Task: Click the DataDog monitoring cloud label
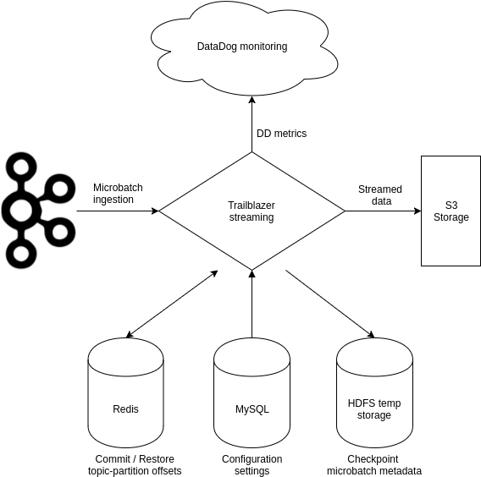[242, 47]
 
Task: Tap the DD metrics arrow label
[282, 134]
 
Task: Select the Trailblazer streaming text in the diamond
[252, 211]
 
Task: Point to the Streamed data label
[380, 195]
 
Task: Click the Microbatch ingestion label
[118, 194]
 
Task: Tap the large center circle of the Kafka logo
[21, 211]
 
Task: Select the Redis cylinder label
[125, 409]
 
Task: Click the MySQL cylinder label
[252, 409]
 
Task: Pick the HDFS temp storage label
[374, 409]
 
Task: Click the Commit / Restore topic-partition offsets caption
[135, 465]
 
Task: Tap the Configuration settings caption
[252, 465]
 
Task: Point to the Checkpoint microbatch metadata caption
[374, 465]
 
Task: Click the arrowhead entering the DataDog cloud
[252, 100]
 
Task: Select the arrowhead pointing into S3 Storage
[417, 211]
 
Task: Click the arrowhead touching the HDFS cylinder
[371, 335]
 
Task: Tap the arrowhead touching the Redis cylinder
[130, 335]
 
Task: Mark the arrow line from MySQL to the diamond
[252, 304]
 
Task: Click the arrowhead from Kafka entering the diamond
[155, 211]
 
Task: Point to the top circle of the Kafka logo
[21, 167]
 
